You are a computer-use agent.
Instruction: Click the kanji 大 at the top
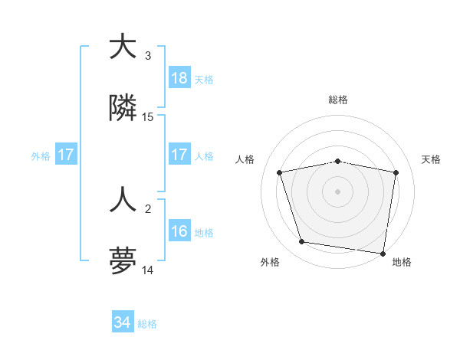point(123,47)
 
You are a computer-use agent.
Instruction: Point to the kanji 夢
point(123,261)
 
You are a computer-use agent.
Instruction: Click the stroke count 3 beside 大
point(148,56)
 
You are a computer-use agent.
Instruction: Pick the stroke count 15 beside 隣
point(148,117)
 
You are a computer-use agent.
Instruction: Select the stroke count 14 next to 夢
point(148,270)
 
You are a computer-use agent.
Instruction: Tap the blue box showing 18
point(179,78)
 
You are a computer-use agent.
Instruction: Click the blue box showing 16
point(179,231)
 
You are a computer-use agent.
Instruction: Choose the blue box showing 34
point(123,323)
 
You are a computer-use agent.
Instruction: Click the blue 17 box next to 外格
point(66,155)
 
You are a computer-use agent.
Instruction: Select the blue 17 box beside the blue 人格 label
point(179,155)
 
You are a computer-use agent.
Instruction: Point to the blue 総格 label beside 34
point(147,324)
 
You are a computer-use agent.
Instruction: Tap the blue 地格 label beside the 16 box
point(204,232)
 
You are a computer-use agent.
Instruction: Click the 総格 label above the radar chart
point(338,100)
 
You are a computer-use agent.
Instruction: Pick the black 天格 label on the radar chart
point(432,159)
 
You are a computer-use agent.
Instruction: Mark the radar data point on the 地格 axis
point(383,253)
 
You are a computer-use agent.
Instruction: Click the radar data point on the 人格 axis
point(280,172)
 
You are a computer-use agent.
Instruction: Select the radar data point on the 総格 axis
point(338,161)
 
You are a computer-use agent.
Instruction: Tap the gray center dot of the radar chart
point(338,191)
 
